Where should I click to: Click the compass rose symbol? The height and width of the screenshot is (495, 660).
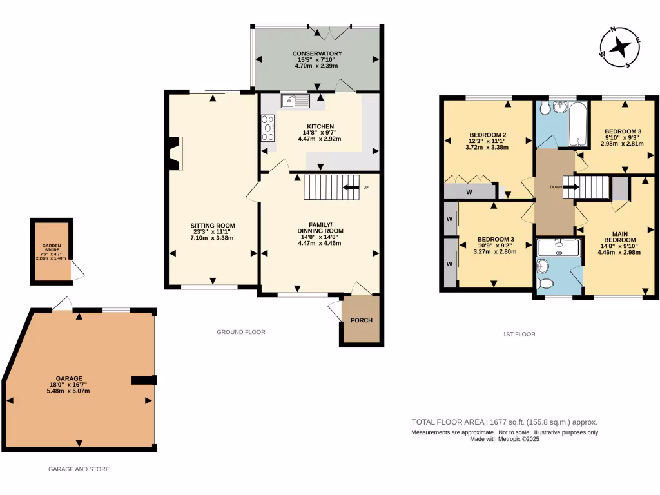[x=620, y=47]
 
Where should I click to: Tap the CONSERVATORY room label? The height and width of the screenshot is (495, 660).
[x=316, y=53]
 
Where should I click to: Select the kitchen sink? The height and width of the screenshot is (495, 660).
[x=295, y=101]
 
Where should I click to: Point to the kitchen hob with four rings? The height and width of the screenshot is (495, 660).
[x=268, y=128]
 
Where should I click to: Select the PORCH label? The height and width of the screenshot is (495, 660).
[x=361, y=320]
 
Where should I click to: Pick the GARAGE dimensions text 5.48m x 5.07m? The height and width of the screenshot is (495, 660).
[x=68, y=391]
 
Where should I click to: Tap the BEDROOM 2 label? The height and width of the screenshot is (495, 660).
[x=487, y=135]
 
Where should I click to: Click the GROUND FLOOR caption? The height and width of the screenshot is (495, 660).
[x=241, y=332]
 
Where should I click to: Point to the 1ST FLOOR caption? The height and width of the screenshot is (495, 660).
[x=519, y=335]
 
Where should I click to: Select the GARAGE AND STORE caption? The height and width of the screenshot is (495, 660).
[x=79, y=469]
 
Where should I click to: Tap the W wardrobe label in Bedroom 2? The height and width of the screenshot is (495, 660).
[x=469, y=191]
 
